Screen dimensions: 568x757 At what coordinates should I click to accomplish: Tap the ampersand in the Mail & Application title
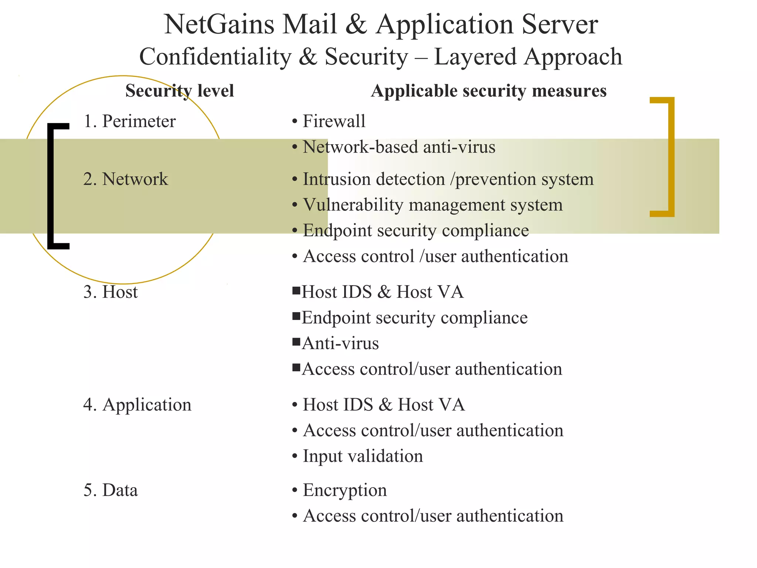356,24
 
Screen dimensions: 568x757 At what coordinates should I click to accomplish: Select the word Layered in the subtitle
475,57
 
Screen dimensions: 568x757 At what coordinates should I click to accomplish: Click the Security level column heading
180,91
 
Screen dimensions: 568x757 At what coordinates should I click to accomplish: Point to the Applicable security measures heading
489,91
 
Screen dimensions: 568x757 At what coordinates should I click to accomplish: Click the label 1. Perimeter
129,121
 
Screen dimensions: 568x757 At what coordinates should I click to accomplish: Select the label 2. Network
125,179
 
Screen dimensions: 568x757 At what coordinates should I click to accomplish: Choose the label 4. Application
137,405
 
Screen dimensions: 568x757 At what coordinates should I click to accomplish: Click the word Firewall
334,121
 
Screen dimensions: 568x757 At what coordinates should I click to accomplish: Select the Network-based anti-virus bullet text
399,147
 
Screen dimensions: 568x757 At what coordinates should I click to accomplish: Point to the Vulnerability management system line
432,205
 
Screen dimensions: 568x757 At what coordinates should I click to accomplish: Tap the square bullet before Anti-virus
296,342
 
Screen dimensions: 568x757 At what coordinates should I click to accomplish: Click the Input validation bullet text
363,456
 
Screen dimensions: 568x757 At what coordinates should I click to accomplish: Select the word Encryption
345,490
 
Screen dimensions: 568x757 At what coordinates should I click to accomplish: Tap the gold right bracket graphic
671,157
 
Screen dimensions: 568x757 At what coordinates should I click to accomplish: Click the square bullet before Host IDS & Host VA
296,291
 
